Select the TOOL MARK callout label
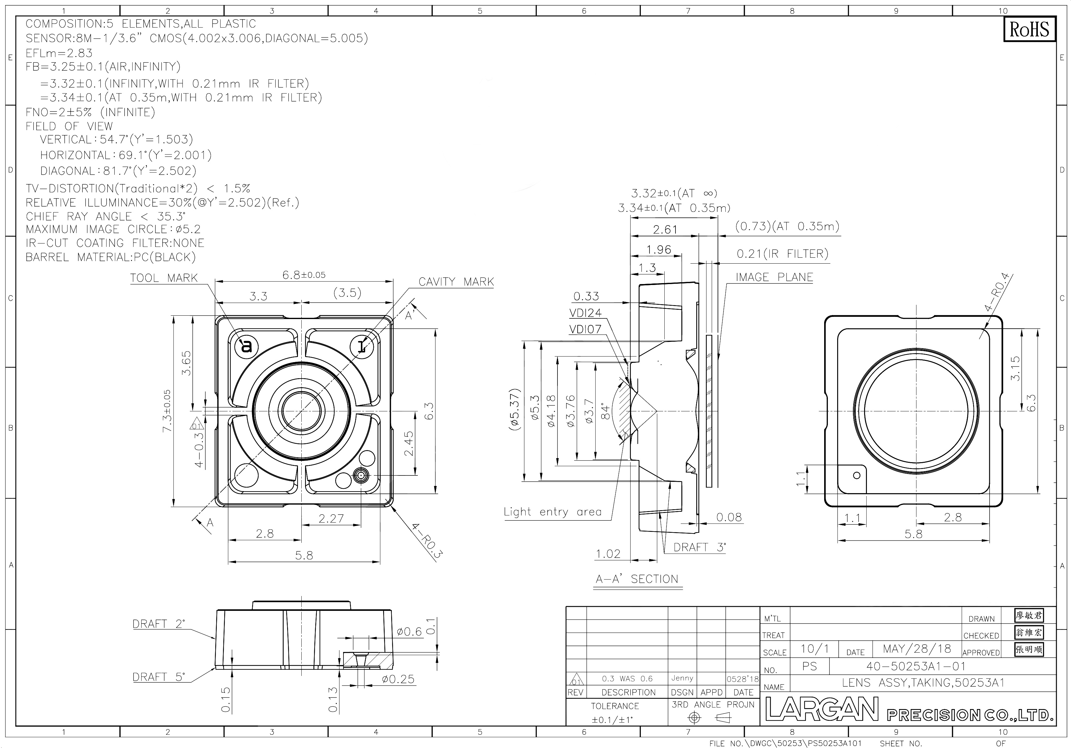[164, 278]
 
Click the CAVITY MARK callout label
[456, 282]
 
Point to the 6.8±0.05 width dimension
[304, 275]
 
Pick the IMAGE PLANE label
[774, 277]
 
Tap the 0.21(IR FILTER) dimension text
[782, 254]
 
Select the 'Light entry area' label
[552, 512]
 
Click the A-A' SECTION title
[637, 579]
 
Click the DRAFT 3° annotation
[700, 547]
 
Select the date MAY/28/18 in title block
[916, 649]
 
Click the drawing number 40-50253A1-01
[916, 666]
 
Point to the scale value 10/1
[815, 649]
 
